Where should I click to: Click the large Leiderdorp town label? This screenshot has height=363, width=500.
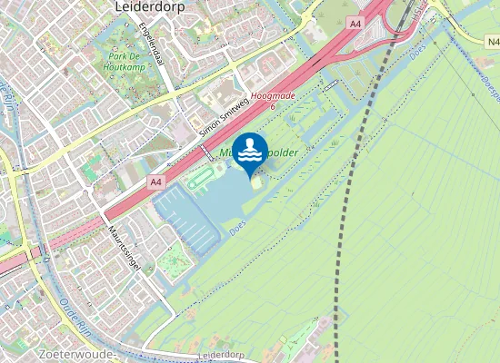tap(151, 6)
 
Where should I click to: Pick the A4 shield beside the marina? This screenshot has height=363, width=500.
tap(156, 181)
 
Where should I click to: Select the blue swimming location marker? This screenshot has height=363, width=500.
tap(250, 152)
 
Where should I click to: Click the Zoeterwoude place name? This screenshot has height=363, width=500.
tap(76, 353)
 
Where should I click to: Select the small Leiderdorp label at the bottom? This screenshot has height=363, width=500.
tap(223, 354)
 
